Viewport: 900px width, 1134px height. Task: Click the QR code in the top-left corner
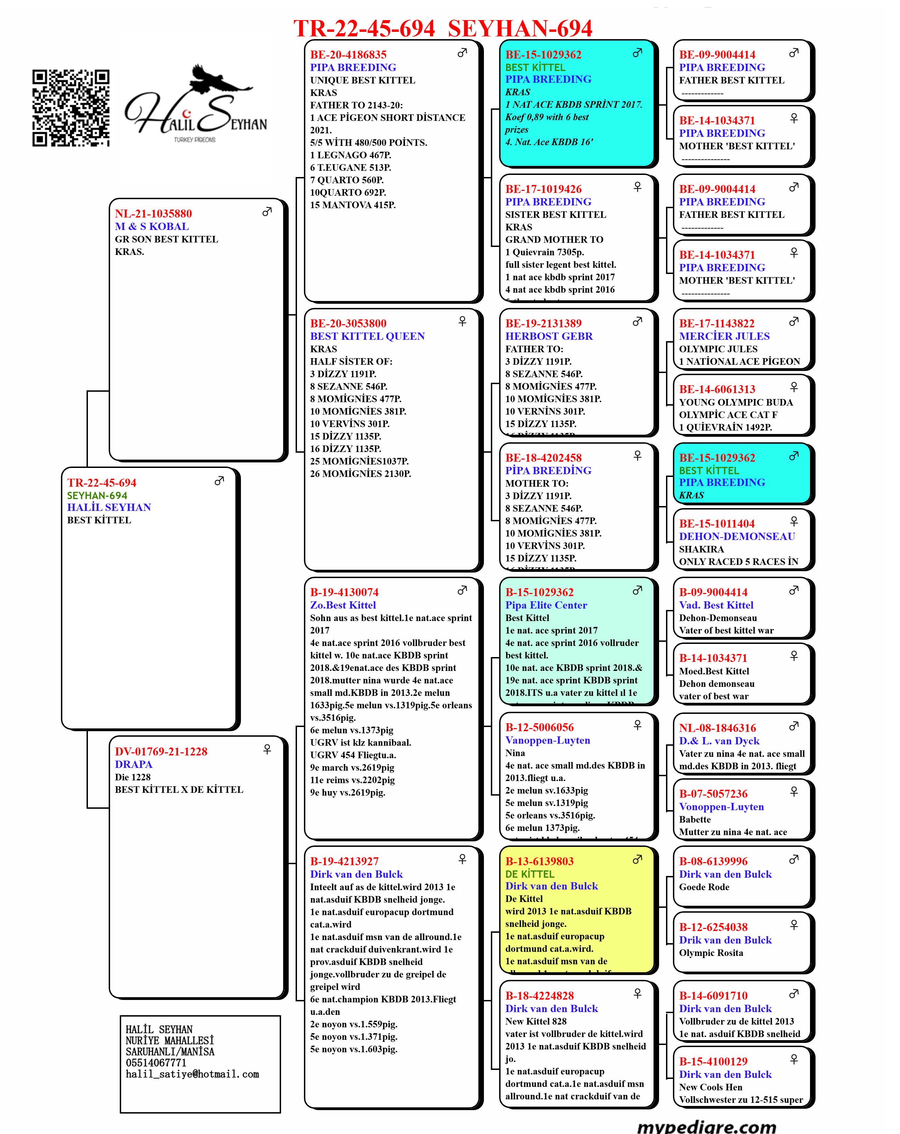point(71,108)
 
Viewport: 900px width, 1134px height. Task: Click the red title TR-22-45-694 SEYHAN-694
point(443,28)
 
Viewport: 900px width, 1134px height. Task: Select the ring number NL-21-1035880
point(153,214)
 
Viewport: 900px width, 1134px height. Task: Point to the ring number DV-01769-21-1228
point(161,752)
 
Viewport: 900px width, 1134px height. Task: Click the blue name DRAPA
point(134,764)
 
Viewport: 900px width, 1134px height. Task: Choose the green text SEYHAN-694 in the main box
point(97,495)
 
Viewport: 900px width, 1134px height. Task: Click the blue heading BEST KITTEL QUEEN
point(367,336)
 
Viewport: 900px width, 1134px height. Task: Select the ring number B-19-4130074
point(344,592)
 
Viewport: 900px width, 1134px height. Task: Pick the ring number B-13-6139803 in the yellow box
point(539,861)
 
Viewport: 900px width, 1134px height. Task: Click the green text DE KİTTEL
point(530,874)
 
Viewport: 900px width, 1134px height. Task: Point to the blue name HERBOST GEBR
point(549,336)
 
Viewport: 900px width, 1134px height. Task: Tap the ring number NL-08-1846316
point(718,728)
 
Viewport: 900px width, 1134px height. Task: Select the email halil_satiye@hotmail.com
point(192,1074)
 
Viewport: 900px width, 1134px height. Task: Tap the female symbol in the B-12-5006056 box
point(638,725)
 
